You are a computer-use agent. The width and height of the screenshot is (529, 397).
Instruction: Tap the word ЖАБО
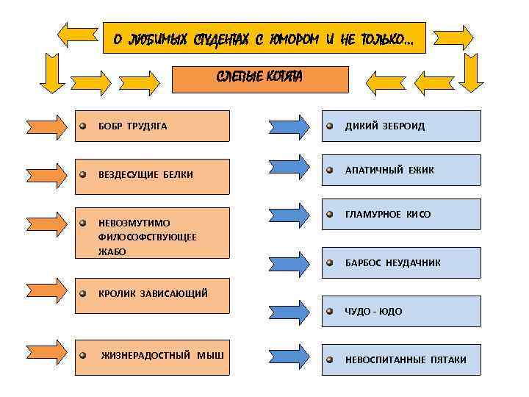click(112, 251)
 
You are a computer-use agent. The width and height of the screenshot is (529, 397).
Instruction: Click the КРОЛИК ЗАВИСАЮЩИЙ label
click(153, 293)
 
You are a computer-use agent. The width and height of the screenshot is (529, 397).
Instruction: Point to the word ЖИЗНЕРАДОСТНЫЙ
click(146, 356)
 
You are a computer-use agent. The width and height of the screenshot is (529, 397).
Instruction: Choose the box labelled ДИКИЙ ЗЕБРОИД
click(400, 126)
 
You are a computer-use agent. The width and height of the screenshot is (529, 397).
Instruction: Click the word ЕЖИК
click(420, 170)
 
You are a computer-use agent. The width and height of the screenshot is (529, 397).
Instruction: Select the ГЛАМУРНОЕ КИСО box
click(400, 215)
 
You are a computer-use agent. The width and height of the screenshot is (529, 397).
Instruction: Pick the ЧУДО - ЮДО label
click(374, 311)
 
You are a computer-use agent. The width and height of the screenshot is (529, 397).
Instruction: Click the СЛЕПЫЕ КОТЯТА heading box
click(259, 79)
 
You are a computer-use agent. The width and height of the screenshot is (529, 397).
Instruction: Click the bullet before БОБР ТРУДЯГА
click(84, 126)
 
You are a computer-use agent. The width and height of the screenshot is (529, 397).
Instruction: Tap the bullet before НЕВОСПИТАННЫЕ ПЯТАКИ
click(331, 360)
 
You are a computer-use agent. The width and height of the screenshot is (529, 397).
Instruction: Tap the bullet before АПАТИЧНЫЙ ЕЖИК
click(331, 170)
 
